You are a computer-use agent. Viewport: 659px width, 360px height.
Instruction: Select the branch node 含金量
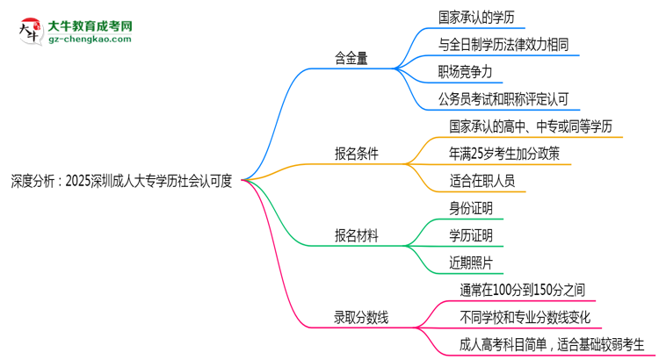pyautogui.click(x=351, y=59)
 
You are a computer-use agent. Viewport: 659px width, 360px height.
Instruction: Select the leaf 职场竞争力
pyautogui.click(x=471, y=72)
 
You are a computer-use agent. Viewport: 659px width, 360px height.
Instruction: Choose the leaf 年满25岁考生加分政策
pyautogui.click(x=503, y=153)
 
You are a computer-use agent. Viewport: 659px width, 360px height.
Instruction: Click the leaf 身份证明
pyautogui.click(x=470, y=208)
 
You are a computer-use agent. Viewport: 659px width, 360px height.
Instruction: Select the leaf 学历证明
pyautogui.click(x=470, y=234)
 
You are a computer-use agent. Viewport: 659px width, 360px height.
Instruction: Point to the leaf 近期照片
pyautogui.click(x=470, y=262)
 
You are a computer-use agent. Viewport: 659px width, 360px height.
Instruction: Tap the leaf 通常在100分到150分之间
pyautogui.click(x=521, y=289)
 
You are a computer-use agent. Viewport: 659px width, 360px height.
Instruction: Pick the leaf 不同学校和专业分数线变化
pyautogui.click(x=525, y=315)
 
